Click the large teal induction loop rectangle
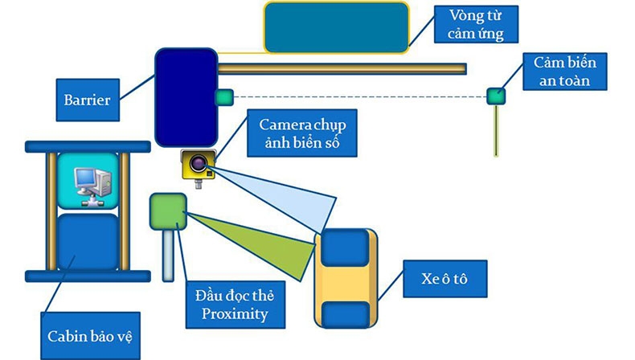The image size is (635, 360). [x=336, y=27]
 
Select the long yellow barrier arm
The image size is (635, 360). [x=342, y=67]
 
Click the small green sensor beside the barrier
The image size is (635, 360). [x=223, y=97]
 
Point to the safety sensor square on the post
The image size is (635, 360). [x=496, y=96]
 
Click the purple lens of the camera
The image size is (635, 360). [x=200, y=166]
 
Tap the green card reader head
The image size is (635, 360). [x=168, y=211]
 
